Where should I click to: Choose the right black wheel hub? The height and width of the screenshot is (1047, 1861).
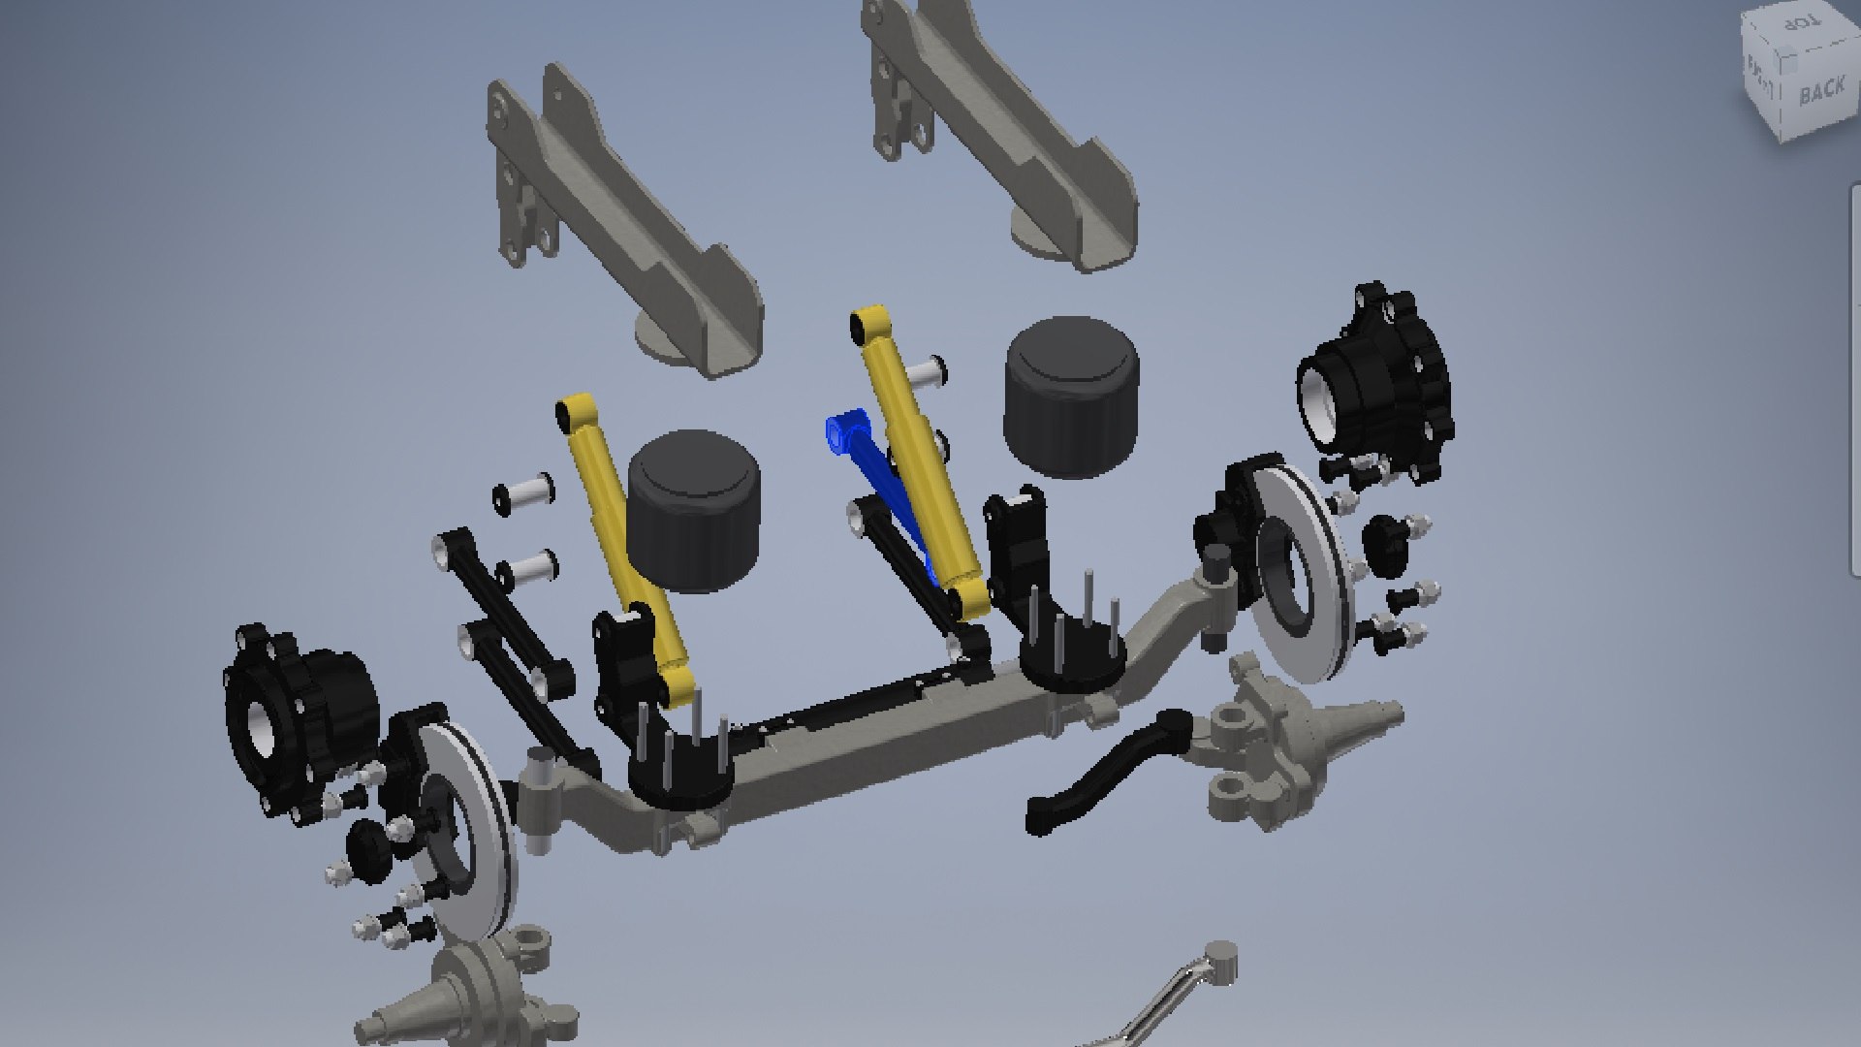pyautogui.click(x=1376, y=383)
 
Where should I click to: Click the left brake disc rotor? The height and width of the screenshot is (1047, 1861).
pyautogui.click(x=475, y=834)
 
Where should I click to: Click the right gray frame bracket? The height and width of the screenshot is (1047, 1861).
pyautogui.click(x=1008, y=136)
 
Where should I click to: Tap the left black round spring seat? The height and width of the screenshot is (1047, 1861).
pyautogui.click(x=678, y=776)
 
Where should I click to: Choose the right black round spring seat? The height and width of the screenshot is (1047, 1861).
pyautogui.click(x=1071, y=664)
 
